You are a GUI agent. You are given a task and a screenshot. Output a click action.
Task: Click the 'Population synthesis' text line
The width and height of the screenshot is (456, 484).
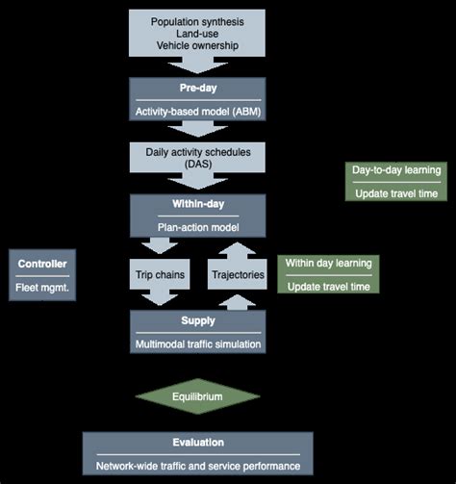pos(197,21)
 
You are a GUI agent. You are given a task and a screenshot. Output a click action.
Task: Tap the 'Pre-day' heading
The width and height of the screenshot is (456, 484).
pos(197,88)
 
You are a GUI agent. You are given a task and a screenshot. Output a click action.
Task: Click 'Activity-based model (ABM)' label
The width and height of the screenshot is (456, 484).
pos(197,113)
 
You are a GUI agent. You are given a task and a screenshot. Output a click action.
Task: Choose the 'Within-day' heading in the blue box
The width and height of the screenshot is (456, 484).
pos(197,204)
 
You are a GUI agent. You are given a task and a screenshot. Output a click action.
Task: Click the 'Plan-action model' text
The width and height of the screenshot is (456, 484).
pos(197,228)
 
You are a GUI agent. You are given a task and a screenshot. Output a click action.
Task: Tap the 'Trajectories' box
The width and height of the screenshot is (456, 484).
pos(239,274)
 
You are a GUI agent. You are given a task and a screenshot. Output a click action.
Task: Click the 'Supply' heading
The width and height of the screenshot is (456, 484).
pos(197,319)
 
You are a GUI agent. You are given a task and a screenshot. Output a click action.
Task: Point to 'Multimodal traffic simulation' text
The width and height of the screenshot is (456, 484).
pos(197,344)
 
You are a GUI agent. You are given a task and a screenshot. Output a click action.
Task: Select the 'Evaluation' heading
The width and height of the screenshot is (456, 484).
pos(197,443)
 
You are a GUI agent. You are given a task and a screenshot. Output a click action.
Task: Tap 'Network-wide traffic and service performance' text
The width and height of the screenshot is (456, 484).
pos(197,466)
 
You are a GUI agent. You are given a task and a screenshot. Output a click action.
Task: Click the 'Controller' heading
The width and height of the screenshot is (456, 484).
pos(40,263)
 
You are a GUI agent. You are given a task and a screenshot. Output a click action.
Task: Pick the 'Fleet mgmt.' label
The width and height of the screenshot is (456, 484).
pos(40,287)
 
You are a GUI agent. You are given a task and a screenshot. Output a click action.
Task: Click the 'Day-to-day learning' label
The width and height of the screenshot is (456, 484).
pos(396,170)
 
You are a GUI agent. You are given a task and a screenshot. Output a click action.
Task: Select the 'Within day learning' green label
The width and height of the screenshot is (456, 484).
pos(328,263)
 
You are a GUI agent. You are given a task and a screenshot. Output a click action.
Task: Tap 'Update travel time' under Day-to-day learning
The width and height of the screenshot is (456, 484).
pos(396,193)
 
